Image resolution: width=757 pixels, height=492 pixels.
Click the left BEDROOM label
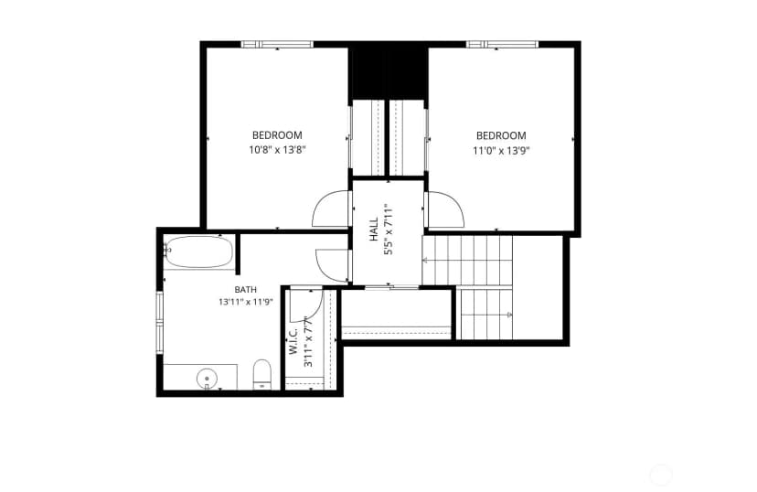[x=277, y=135]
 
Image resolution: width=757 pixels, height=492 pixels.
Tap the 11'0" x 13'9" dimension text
[x=501, y=151]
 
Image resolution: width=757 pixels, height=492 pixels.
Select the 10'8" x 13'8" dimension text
[x=278, y=150]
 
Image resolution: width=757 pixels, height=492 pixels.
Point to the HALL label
[x=374, y=230]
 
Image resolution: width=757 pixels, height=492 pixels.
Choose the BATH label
[x=246, y=290]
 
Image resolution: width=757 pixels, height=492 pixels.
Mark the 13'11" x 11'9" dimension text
[x=246, y=303]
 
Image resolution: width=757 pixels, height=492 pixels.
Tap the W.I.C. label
[x=293, y=340]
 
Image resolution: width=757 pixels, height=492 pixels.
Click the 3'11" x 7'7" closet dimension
[x=308, y=341]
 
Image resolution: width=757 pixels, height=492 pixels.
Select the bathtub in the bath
[x=199, y=251]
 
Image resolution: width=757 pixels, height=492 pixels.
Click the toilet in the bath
[x=262, y=374]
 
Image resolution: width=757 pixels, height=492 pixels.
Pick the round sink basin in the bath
[x=207, y=378]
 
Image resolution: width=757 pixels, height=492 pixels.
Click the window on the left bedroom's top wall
[x=277, y=45]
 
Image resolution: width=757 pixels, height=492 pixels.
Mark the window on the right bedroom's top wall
[x=502, y=45]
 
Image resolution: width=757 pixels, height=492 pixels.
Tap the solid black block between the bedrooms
[x=389, y=71]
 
